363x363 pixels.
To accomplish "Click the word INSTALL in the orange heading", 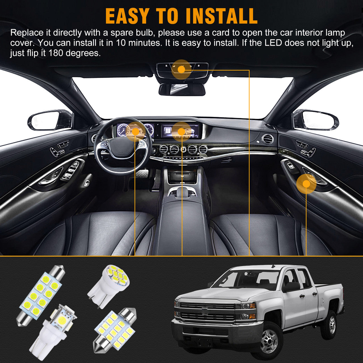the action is click(221, 16).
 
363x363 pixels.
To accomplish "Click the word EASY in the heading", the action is click(126, 16).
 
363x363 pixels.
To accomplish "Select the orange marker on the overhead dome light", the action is click(181, 70).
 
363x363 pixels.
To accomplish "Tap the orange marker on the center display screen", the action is click(181, 132).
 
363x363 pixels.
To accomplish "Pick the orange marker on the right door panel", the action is click(306, 184).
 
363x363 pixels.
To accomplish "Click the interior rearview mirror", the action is click(182, 89).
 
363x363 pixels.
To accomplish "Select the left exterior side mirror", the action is click(50, 120).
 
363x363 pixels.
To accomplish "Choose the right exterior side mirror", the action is click(315, 120).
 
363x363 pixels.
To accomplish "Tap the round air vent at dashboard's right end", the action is click(267, 139).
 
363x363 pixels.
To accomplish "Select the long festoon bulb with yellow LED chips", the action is click(41, 296).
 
